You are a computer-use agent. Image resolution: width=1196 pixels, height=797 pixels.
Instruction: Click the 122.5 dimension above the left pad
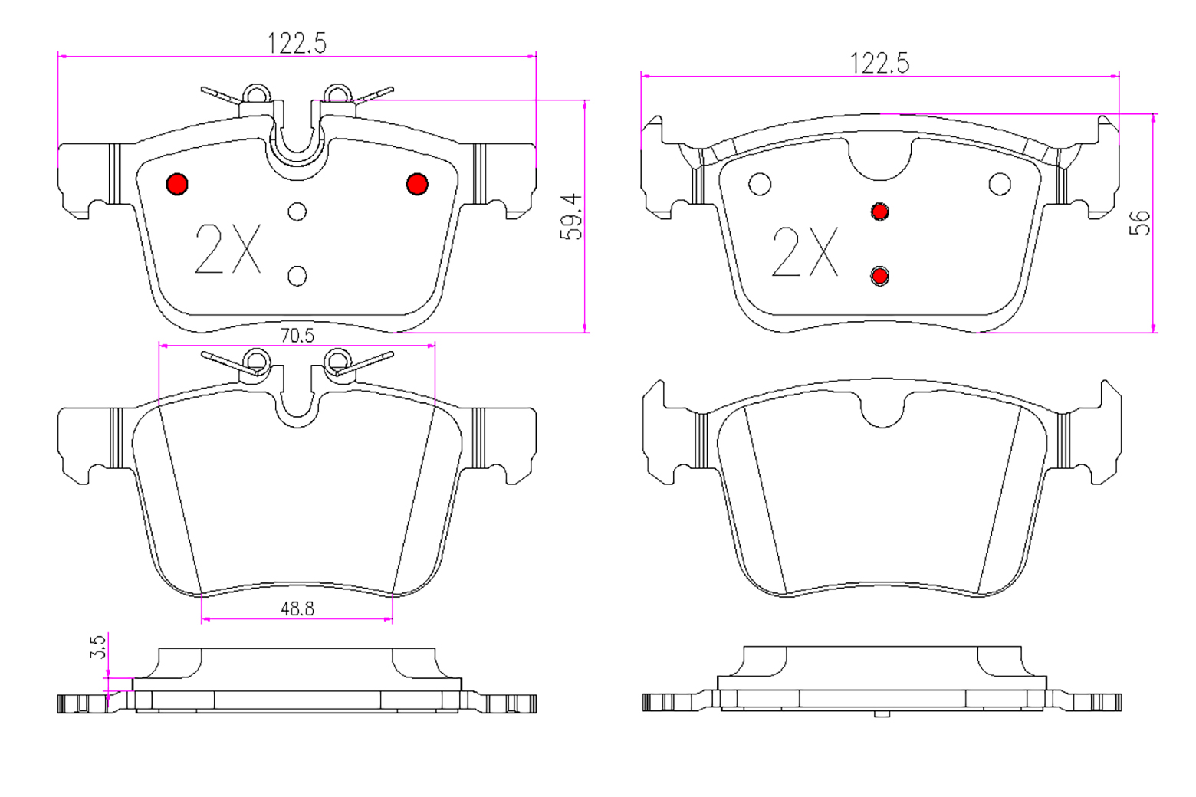[297, 43]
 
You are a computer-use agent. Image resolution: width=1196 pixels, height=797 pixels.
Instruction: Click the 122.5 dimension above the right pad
[879, 63]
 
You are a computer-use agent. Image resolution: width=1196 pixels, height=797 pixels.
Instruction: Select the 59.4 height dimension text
[571, 217]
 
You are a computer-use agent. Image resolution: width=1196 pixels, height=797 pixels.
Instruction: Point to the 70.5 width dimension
[297, 336]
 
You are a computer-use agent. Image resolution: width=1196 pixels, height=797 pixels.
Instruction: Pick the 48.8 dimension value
[297, 608]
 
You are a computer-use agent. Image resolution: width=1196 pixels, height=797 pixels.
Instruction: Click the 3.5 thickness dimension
[98, 647]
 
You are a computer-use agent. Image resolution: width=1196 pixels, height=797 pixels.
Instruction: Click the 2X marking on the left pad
[228, 249]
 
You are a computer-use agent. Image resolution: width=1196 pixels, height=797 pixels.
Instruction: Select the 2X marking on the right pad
[805, 251]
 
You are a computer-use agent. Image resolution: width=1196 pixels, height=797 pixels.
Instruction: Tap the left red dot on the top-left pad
[177, 184]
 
